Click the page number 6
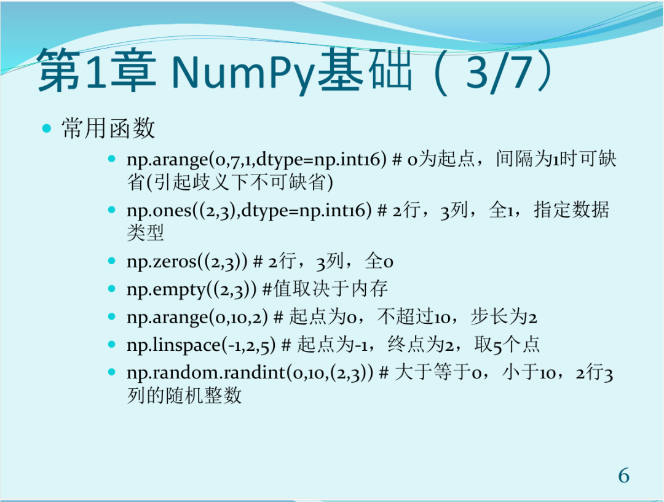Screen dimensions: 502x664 pyautogui.click(x=623, y=476)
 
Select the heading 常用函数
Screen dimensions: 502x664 pyautogui.click(x=108, y=128)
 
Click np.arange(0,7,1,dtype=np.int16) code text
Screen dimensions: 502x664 pyautogui.click(x=256, y=160)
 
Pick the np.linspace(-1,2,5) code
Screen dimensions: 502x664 pyautogui.click(x=200, y=345)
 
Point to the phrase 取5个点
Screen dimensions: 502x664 pyautogui.click(x=507, y=345)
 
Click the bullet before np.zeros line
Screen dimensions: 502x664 pyautogui.click(x=112, y=261)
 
